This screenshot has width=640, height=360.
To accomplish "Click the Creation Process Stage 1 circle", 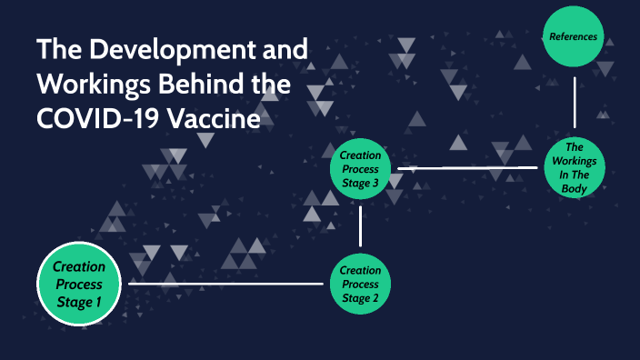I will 79,284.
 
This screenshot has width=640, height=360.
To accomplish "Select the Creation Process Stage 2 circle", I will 360,284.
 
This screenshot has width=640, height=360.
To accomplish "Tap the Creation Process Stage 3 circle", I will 360,168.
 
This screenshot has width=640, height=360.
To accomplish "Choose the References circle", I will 573,37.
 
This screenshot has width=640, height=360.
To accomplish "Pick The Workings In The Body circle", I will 574,168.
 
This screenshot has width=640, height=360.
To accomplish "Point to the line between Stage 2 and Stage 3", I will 361,226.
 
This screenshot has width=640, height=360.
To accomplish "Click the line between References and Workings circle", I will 575,103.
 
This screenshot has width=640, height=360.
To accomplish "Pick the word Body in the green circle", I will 574,189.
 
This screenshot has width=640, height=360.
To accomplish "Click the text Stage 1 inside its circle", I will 79,302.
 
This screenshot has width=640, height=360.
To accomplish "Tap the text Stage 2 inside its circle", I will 360,297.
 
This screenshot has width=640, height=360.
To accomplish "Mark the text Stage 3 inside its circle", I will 360,182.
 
